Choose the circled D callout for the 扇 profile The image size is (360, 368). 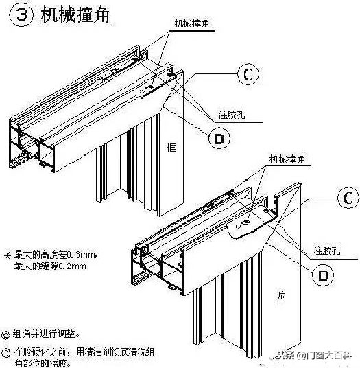click(x=320, y=275)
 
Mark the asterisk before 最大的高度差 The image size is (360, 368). click(x=8, y=254)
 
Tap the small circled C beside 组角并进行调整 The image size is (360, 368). click(x=6, y=334)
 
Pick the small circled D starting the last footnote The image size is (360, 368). click(x=6, y=351)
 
